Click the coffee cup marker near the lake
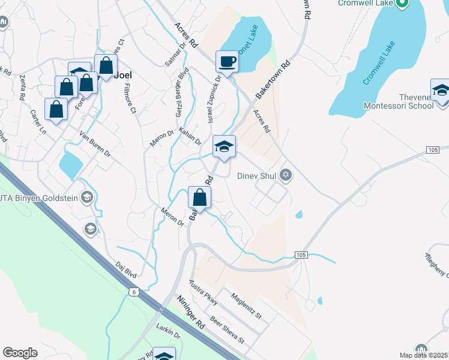[227, 61]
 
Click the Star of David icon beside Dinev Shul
[286, 176]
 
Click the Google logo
[20, 353]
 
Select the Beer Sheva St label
[227, 331]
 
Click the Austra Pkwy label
[203, 292]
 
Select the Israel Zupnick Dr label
[213, 99]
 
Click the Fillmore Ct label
[130, 98]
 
